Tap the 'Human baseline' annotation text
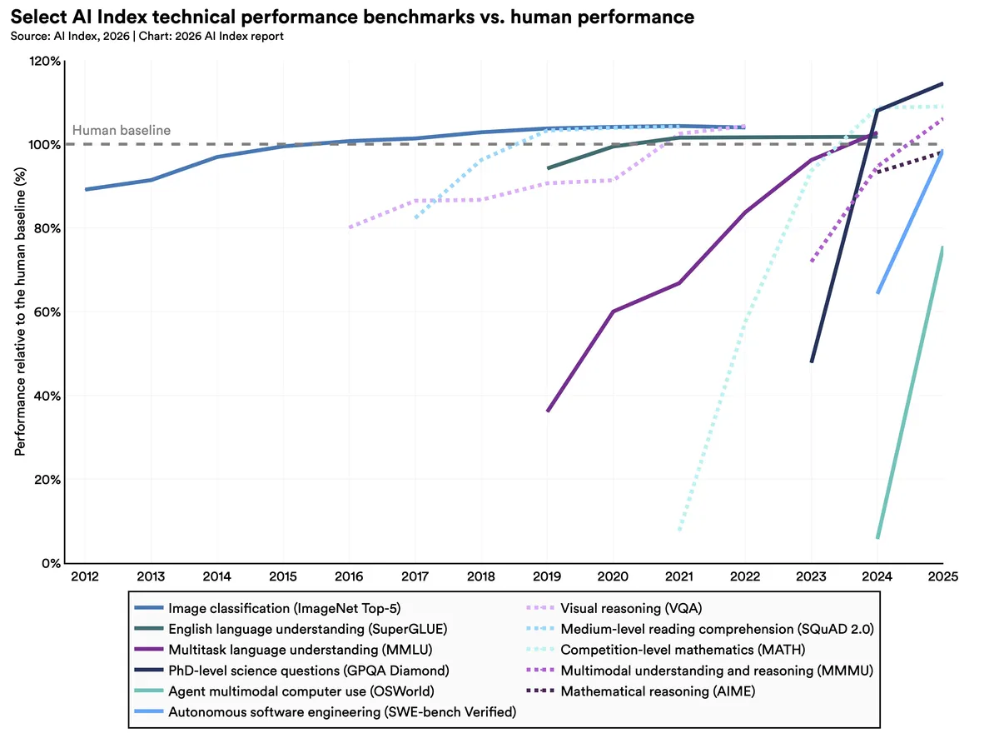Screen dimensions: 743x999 (122, 130)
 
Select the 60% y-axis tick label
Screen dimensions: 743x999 (47, 312)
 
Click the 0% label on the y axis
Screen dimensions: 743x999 (50, 563)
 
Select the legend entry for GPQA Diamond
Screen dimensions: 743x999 (308, 671)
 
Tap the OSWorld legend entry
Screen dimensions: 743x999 (301, 691)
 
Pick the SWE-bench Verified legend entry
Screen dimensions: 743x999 (341, 712)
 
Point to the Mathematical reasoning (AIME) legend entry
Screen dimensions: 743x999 (658, 691)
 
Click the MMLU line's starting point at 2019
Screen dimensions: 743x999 (548, 411)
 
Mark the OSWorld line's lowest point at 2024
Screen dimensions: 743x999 (877, 537)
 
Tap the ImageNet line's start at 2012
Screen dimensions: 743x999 (86, 189)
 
